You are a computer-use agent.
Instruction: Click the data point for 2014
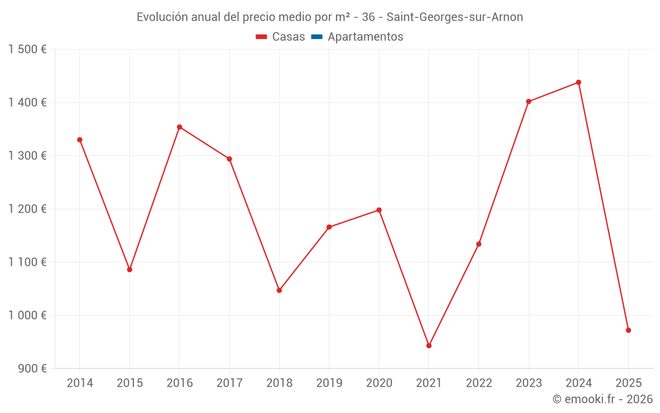[x=80, y=140]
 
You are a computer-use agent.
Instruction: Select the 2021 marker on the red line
[x=429, y=346]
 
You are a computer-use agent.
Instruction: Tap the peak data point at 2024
[x=579, y=83]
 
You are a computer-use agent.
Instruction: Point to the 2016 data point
[x=180, y=127]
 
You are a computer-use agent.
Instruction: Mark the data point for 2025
[x=628, y=330]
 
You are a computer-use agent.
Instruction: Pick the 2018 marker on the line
[x=279, y=290]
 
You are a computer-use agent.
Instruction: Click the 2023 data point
[x=529, y=102]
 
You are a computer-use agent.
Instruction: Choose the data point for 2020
[x=379, y=210]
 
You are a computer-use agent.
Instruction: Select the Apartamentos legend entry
[x=365, y=37]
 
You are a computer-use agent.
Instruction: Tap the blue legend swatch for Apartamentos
[x=317, y=37]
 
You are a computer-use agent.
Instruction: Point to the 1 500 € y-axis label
[x=27, y=50]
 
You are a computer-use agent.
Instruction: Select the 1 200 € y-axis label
[x=27, y=209]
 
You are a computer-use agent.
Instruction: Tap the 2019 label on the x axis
[x=329, y=383]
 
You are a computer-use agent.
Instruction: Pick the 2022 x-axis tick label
[x=478, y=383]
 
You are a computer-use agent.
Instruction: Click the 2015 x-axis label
[x=129, y=383]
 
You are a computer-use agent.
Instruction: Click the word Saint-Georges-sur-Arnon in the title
[x=455, y=17]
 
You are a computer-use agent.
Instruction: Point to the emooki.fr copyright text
[x=603, y=399]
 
